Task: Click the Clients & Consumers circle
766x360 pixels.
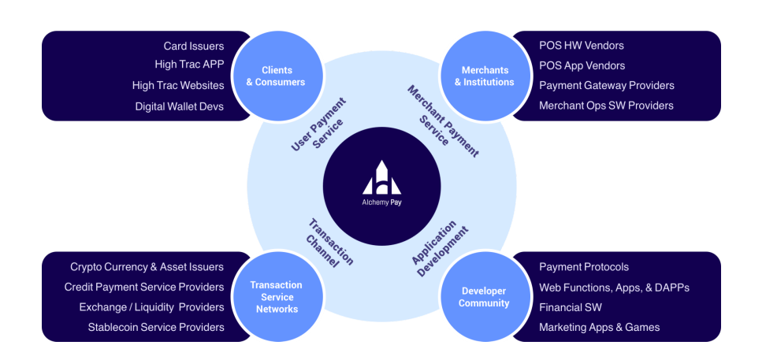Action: coord(280,76)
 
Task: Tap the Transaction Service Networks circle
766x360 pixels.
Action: coord(276,297)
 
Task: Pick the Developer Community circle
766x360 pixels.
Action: coord(484,297)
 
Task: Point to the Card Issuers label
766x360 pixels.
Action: coord(194,46)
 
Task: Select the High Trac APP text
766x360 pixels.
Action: coord(189,65)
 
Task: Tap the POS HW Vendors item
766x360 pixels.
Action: coord(582,46)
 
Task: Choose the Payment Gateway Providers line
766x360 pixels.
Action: coord(607,85)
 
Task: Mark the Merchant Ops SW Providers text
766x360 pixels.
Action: coord(607,106)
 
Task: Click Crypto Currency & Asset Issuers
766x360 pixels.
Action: coord(147,267)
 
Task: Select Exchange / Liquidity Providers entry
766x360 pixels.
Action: coord(151,307)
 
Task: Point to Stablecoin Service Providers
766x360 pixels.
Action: coord(156,327)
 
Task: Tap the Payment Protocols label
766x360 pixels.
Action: coord(584,267)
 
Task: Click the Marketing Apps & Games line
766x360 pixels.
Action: coord(600,327)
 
